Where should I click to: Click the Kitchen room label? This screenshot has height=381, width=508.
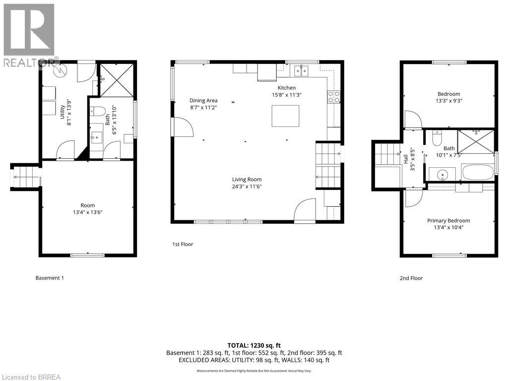point(286,88)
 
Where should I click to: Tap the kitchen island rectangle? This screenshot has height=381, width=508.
point(285,116)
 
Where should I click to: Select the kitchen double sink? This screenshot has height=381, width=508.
point(301,70)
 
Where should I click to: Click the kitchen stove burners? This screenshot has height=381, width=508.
point(334,97)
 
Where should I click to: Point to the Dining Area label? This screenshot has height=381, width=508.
point(203,100)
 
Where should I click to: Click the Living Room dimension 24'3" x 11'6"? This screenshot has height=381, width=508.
point(247,187)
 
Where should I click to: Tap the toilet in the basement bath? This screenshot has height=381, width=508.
point(99,112)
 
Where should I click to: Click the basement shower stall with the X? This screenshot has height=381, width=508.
point(116,80)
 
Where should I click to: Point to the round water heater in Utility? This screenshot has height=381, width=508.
point(60,71)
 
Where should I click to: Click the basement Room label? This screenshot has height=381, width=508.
point(87,205)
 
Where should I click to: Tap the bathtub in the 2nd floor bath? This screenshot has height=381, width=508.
point(478,172)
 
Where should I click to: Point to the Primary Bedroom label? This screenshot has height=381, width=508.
point(448,221)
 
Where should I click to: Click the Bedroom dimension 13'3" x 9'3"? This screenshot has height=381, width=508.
point(448,101)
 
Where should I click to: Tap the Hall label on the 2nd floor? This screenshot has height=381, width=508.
point(406,159)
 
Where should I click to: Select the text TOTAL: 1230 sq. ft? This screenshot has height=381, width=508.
point(254,345)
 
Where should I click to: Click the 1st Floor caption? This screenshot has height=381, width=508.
point(183,244)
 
